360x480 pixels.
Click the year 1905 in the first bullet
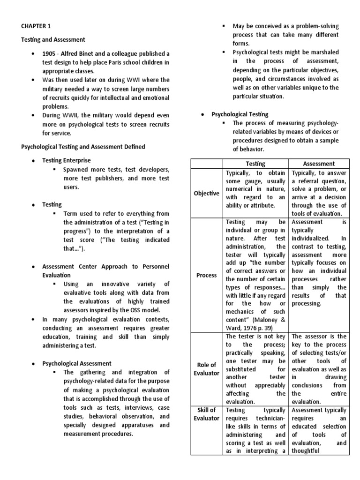pyautogui.click(x=50, y=53)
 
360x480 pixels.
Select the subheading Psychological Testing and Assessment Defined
pyautogui.click(x=83, y=147)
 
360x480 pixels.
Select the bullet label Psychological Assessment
pyautogui.click(x=77, y=363)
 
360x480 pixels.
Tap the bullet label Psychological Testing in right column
pyautogui.click(x=240, y=114)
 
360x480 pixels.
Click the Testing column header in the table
pyautogui.click(x=255, y=164)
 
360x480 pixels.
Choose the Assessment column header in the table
pyautogui.click(x=319, y=164)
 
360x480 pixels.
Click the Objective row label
pyautogui.click(x=207, y=193)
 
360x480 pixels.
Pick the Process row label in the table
pyautogui.click(x=207, y=275)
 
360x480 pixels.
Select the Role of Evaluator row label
pyautogui.click(x=207, y=369)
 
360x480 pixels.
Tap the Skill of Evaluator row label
pyautogui.click(x=207, y=414)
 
